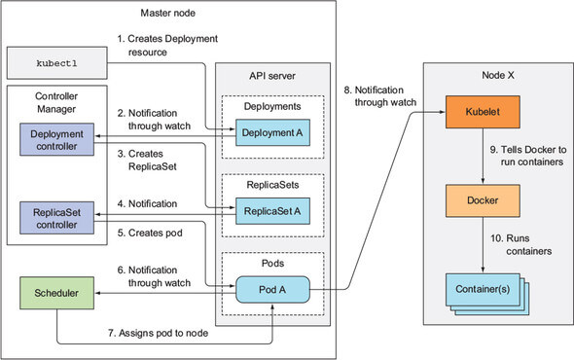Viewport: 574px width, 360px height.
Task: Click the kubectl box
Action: [x=57, y=63]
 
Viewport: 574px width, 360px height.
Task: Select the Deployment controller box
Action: [x=56, y=139]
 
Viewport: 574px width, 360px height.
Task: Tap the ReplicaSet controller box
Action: [x=56, y=218]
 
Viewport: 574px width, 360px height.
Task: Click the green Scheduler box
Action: [x=56, y=293]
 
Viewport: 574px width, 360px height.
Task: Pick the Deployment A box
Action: [x=272, y=132]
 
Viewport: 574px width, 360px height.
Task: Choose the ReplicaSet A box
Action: [x=272, y=211]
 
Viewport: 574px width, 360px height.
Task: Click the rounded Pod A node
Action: [x=272, y=290]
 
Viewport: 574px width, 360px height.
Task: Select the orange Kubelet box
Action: [x=483, y=112]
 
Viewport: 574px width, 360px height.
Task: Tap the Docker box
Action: [x=483, y=200]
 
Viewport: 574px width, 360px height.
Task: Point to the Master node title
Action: [x=168, y=14]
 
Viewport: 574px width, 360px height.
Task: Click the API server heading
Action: [x=272, y=76]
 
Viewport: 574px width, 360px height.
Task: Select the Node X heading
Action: [x=498, y=75]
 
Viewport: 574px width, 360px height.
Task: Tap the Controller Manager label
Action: [x=56, y=102]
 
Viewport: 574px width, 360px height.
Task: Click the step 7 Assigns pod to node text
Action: [x=159, y=333]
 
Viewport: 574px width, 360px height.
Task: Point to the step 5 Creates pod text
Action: [x=150, y=233]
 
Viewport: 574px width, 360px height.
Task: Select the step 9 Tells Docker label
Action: [x=528, y=156]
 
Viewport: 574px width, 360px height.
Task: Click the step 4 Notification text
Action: [x=147, y=203]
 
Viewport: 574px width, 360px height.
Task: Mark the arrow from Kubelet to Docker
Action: [x=483, y=156]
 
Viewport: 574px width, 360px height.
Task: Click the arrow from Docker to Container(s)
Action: [x=483, y=244]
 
